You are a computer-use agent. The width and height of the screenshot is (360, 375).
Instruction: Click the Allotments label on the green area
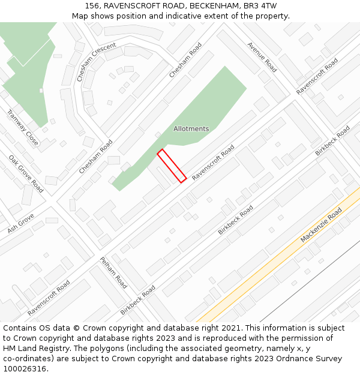click(191, 129)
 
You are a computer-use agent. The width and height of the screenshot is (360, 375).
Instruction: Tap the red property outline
click(172, 166)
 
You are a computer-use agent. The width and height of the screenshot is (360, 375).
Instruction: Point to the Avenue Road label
click(262, 57)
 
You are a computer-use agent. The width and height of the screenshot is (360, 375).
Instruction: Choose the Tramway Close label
click(23, 127)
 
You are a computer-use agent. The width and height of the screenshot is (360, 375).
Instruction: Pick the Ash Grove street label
click(21, 223)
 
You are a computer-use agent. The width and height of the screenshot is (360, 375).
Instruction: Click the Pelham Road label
click(113, 272)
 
